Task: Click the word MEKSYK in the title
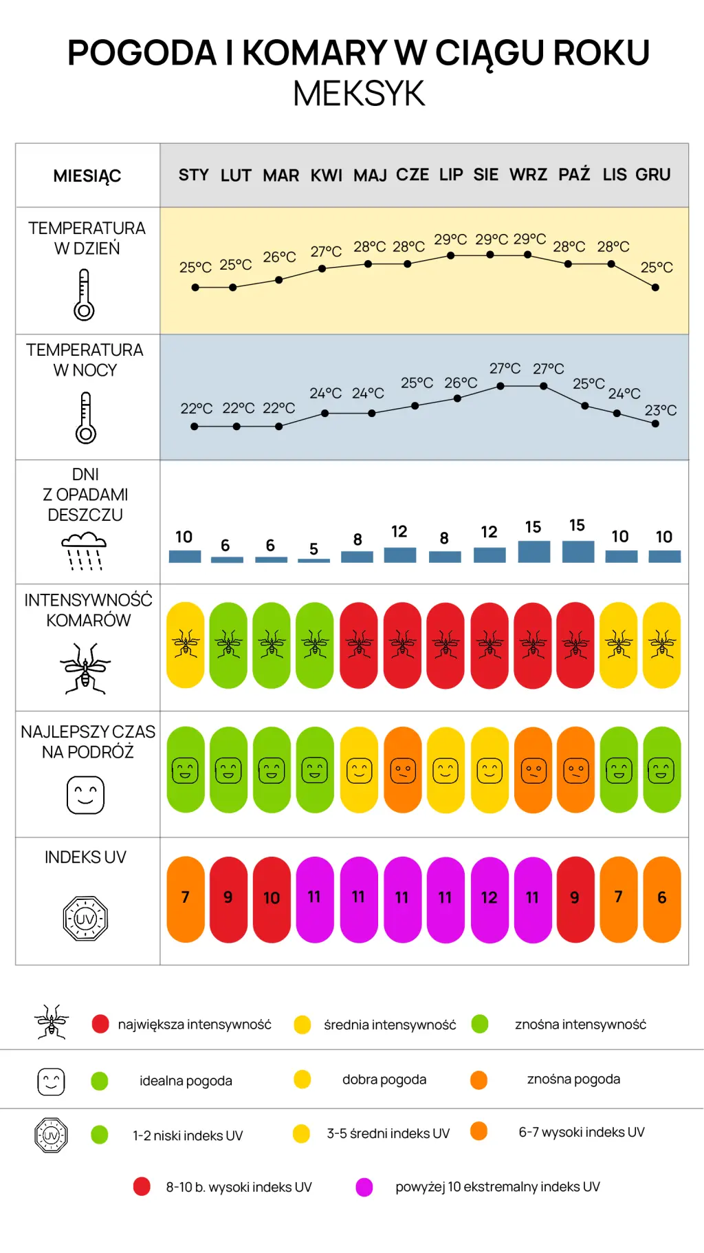point(359,94)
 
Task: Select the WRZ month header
point(528,175)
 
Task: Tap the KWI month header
point(326,175)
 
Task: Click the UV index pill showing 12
point(489,899)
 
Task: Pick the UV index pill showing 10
point(272,899)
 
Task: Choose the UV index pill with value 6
point(662,899)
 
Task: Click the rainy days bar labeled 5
point(314,561)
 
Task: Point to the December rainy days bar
point(665,557)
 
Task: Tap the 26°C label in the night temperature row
point(461,383)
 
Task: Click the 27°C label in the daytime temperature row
point(326,252)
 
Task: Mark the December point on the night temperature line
point(655,424)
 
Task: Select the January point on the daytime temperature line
point(195,288)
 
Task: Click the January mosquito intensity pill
point(186,645)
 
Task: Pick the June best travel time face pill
point(403,770)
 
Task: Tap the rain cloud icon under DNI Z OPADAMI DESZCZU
point(85,550)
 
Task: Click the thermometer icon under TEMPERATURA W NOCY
point(85,418)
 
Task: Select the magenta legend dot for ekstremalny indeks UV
point(364,1187)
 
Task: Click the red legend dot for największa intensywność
point(100,1024)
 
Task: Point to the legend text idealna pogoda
point(186,1081)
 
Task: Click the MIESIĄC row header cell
point(88,175)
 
